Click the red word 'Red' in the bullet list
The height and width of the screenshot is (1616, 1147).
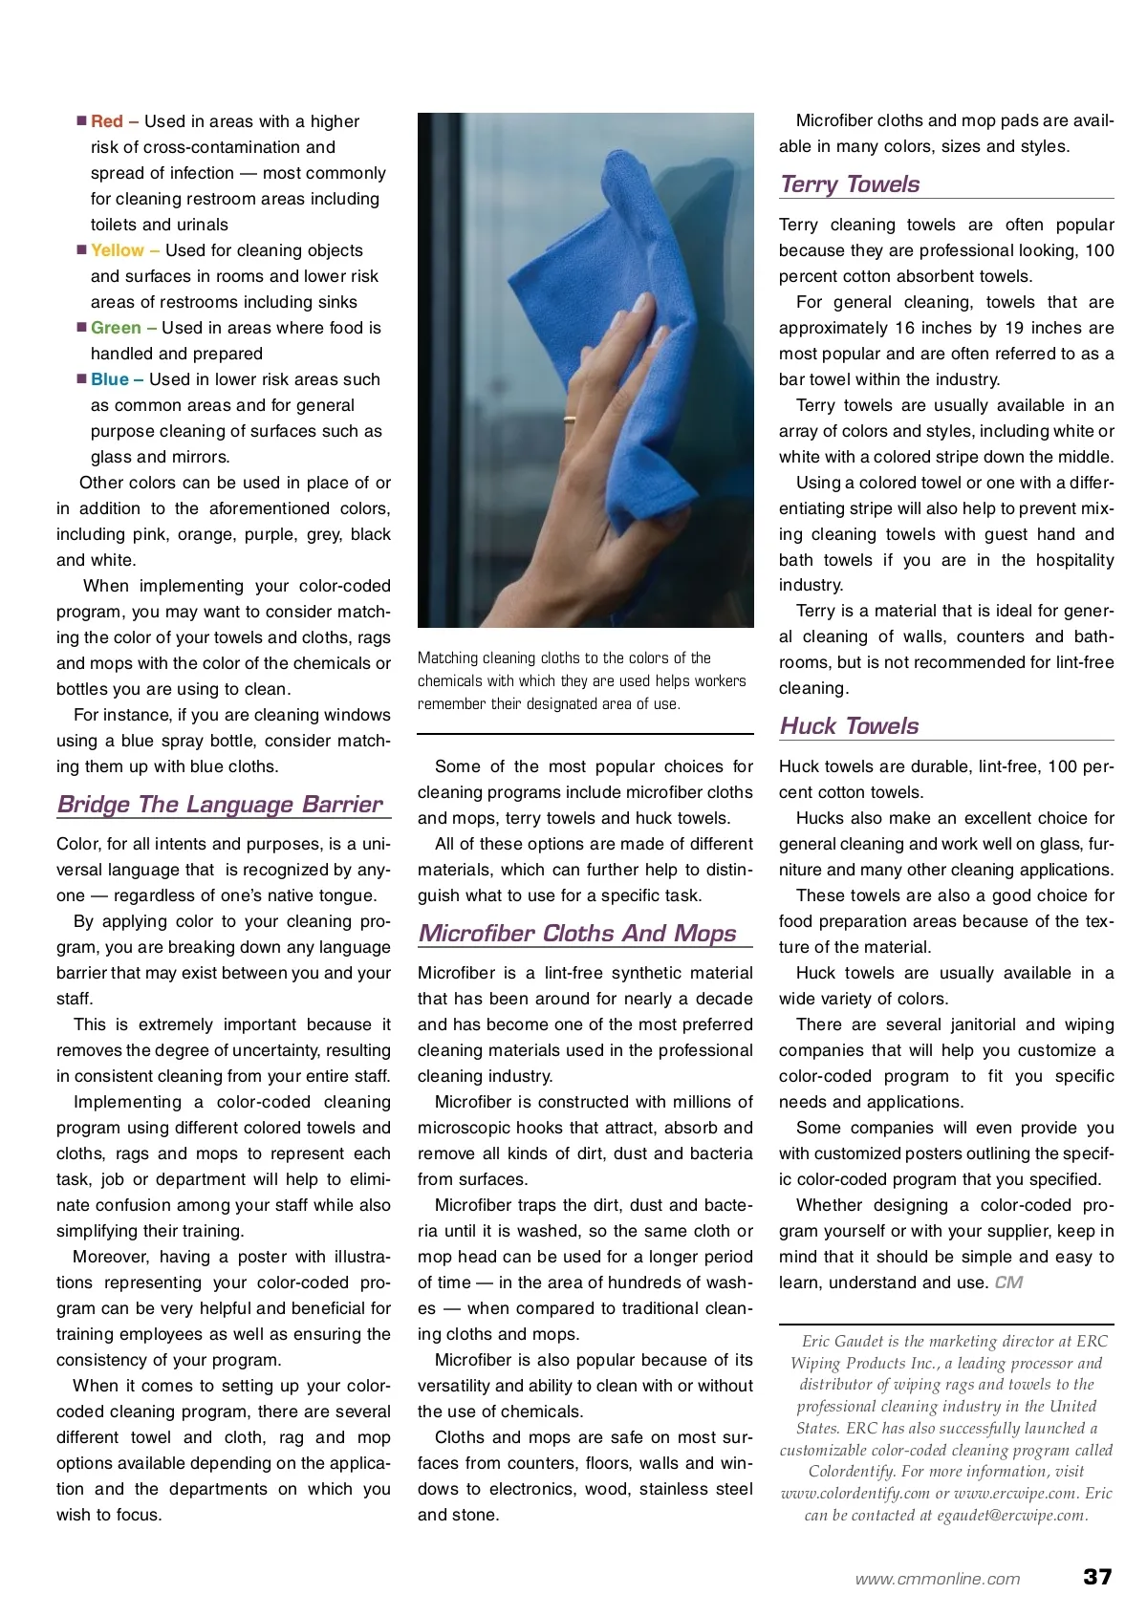pos(107,121)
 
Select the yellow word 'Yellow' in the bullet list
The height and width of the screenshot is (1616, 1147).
pos(118,250)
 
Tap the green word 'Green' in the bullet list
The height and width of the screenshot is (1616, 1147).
pos(116,328)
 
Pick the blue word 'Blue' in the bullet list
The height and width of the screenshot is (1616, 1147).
pos(110,379)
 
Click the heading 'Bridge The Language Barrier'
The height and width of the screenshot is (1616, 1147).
pos(220,804)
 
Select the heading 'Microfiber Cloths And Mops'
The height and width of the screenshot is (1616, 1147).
pos(577,933)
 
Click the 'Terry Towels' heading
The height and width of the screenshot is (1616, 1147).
pos(850,184)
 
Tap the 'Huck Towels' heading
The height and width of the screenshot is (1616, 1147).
pos(849,726)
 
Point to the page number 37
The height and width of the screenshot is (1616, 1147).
pos(1097,1577)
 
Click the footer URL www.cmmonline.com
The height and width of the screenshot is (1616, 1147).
pos(938,1580)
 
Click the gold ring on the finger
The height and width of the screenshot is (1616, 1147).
pos(569,419)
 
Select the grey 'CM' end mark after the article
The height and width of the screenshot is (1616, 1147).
pos(1008,1282)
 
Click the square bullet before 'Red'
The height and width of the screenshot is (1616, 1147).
pos(82,121)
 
